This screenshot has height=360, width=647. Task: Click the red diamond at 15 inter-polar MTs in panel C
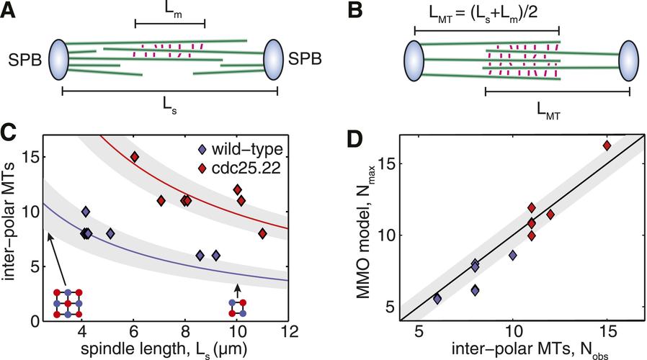coord(134,157)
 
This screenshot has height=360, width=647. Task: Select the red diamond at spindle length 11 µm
coord(262,233)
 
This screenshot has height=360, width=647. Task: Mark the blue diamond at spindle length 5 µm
coord(110,233)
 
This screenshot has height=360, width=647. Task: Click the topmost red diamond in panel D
coord(607,145)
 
